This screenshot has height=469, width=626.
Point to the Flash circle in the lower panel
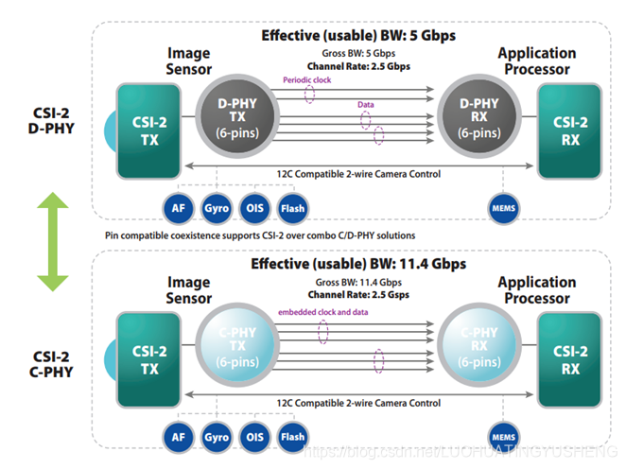(292, 436)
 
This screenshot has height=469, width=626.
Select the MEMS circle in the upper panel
(502, 206)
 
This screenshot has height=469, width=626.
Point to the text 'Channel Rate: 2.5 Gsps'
(358, 294)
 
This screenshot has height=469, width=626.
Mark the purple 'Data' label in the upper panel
(366, 104)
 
